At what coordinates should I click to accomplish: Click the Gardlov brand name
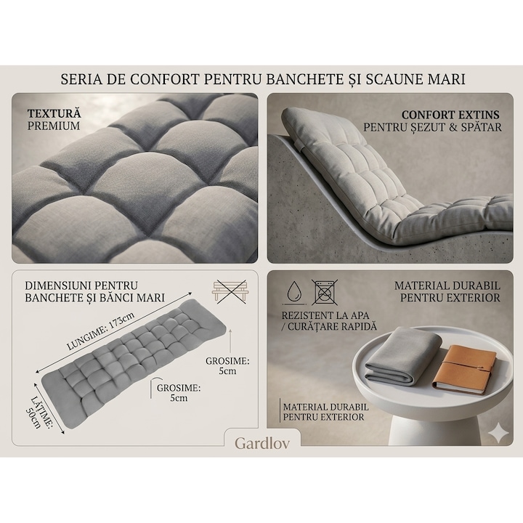(262, 443)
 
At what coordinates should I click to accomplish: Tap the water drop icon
(294, 292)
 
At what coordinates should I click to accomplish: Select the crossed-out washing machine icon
(324, 292)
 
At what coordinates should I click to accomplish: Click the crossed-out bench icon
(230, 291)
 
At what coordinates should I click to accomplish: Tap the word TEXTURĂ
(54, 114)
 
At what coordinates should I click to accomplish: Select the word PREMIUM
(54, 126)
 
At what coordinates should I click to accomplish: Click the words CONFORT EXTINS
(450, 115)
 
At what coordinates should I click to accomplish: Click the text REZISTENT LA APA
(325, 315)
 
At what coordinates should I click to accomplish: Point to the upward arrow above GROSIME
(230, 341)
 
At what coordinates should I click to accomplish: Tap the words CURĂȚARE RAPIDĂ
(332, 327)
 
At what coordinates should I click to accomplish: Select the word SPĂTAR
(482, 127)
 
